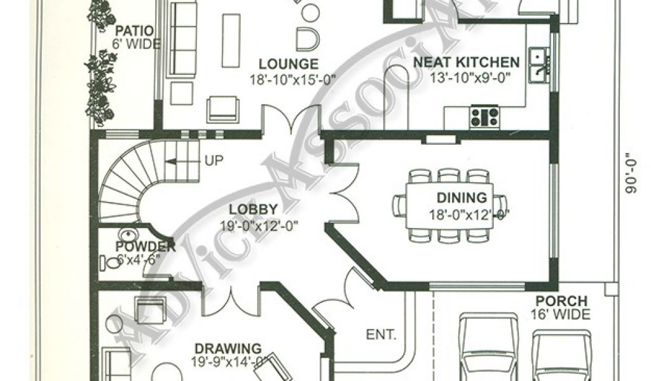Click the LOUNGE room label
tap(288, 64)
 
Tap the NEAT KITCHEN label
tap(467, 62)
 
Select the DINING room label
tap(462, 198)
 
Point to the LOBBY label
tap(253, 209)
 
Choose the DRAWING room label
tap(228, 349)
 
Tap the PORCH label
tap(561, 301)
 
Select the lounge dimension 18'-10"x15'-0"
tap(292, 79)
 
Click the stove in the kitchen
tap(485, 116)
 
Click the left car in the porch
tap(486, 349)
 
